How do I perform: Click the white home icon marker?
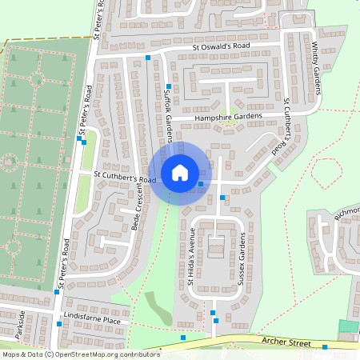coord(180,172)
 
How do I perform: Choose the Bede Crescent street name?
coord(141,207)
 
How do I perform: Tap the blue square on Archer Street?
coord(326,347)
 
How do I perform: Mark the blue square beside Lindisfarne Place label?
coord(61,326)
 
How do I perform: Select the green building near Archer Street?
coord(348,326)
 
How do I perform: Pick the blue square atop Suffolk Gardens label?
coord(168,86)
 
